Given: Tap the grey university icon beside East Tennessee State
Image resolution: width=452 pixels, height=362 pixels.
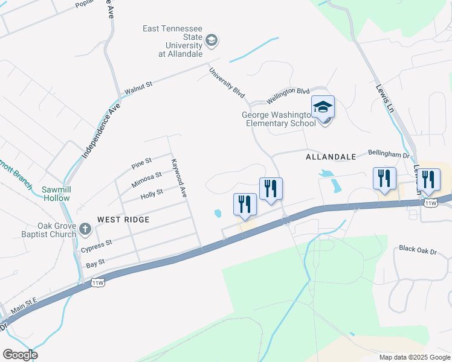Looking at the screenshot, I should click(211, 41).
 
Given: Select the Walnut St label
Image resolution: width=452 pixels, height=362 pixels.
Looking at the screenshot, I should click(138, 87).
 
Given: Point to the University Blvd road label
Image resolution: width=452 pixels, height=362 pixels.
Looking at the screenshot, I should click(227, 83).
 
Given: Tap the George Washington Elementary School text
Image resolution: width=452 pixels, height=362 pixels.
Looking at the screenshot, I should click(279, 119).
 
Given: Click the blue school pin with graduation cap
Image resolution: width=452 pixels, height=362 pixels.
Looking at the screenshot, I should click(323, 108).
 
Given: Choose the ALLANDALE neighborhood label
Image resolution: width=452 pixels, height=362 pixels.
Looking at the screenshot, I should click(331, 157).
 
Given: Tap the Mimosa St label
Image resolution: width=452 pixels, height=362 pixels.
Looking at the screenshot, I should click(147, 178).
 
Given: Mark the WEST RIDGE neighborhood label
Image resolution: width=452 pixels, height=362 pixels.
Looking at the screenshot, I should click(123, 220).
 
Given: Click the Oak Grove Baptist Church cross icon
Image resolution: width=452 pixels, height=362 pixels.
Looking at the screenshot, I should click(85, 229).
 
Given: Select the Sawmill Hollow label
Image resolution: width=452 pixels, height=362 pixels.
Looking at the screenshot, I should click(56, 194).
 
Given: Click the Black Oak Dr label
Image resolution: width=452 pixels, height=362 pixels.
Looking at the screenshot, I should click(417, 249).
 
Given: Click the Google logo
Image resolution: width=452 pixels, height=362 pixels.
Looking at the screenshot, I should click(20, 355).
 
